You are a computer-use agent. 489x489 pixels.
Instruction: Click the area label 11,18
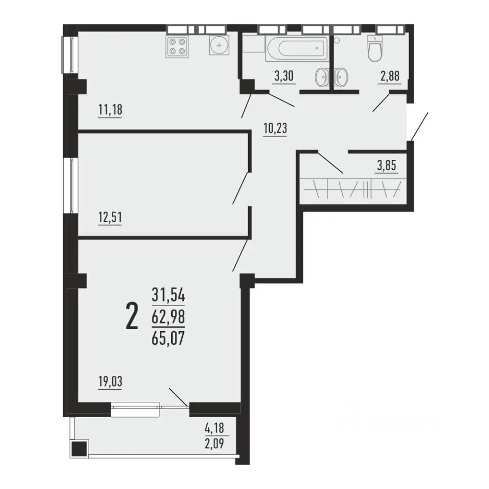click(110, 110)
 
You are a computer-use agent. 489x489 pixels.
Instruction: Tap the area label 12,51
click(110, 218)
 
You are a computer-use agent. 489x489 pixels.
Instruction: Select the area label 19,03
click(110, 382)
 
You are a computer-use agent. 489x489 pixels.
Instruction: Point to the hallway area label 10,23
click(275, 128)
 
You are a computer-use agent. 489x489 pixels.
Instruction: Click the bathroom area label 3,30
click(284, 76)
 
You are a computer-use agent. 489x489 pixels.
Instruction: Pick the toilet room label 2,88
click(390, 76)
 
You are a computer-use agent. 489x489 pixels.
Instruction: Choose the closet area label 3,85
click(387, 165)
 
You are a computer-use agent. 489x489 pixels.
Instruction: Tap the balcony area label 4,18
click(214, 428)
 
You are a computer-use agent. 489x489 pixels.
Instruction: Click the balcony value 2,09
click(214, 443)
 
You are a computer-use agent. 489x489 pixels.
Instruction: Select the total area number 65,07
click(168, 338)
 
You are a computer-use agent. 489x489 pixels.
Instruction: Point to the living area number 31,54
click(168, 295)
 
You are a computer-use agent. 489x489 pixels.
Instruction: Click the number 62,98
click(168, 316)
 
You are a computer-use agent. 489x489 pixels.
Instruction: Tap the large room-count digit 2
click(132, 316)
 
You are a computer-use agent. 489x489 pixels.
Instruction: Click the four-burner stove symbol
click(177, 46)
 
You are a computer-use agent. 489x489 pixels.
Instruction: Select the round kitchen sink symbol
click(219, 45)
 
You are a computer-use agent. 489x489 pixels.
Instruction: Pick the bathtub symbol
click(297, 48)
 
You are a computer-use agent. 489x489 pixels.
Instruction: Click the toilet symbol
click(375, 49)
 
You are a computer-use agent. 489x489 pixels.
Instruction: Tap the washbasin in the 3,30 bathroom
click(321, 77)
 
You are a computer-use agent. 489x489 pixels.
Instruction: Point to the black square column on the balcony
click(79, 449)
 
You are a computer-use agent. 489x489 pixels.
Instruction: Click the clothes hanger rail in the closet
click(352, 189)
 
